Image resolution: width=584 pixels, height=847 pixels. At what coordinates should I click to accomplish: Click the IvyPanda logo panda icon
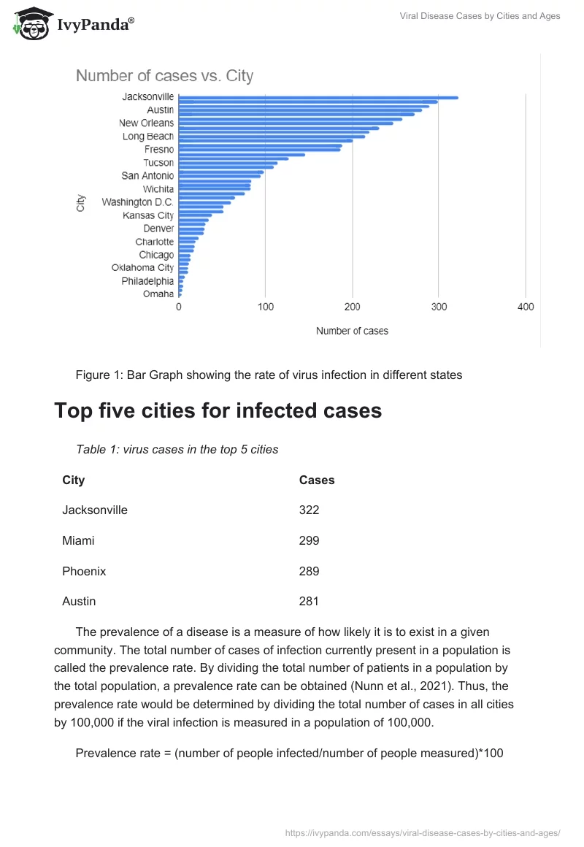(31, 23)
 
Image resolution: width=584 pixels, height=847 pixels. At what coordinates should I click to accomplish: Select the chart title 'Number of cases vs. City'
(164, 75)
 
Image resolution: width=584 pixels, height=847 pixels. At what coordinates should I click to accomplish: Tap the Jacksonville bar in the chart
(318, 97)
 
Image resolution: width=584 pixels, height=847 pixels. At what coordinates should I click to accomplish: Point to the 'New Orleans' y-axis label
(146, 123)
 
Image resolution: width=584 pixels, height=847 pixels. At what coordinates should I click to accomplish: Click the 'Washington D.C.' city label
(137, 202)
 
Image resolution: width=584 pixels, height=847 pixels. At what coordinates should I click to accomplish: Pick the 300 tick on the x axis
(439, 307)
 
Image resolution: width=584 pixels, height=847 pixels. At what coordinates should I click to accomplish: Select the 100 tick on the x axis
(266, 307)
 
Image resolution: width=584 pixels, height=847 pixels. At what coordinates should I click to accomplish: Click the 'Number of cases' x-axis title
(352, 331)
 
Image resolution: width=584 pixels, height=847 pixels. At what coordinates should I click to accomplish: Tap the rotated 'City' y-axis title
(81, 203)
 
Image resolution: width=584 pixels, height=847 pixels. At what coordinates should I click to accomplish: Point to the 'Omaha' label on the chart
(158, 294)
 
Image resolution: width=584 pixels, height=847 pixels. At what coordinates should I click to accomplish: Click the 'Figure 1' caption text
(269, 375)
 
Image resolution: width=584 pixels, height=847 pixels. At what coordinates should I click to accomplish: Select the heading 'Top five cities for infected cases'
(218, 410)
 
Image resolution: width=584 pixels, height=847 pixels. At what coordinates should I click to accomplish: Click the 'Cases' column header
(317, 480)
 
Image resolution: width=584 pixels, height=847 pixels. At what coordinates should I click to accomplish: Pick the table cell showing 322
(309, 510)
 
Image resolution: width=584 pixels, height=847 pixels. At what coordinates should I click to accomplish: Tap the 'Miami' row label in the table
(78, 541)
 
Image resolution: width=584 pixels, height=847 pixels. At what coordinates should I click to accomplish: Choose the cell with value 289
(309, 571)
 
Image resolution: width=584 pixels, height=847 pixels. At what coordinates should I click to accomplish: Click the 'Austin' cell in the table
(79, 602)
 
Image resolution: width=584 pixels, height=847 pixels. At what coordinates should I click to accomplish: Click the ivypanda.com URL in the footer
(422, 832)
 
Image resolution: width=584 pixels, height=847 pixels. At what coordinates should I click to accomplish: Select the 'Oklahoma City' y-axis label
(142, 268)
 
